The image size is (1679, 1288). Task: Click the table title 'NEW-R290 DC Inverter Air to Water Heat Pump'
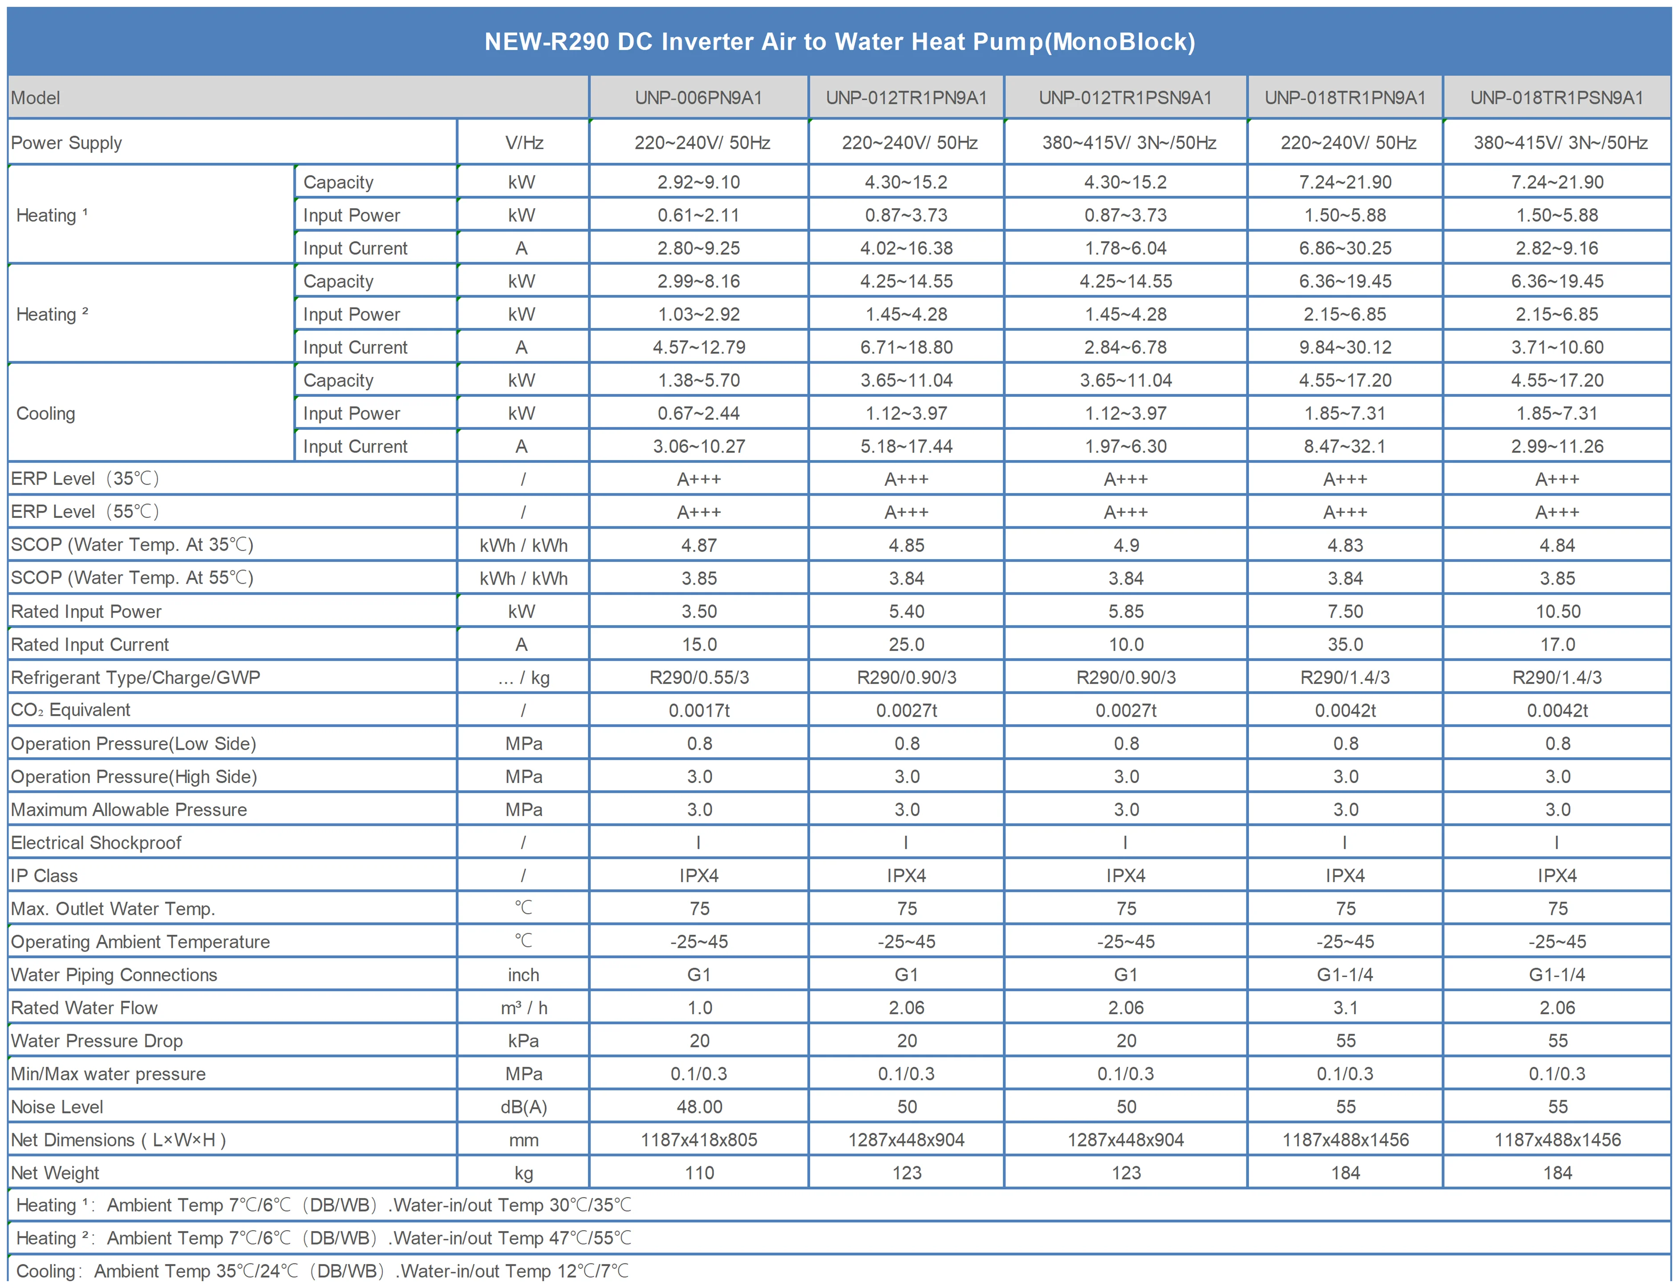pyautogui.click(x=839, y=41)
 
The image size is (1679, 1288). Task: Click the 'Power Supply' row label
pyautogui.click(x=67, y=143)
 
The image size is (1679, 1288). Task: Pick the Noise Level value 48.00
pyautogui.click(x=699, y=1107)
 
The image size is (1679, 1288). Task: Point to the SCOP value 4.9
pyautogui.click(x=1125, y=545)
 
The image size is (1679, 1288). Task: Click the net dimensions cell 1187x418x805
pyautogui.click(x=699, y=1140)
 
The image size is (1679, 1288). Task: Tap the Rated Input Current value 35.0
pyautogui.click(x=1345, y=645)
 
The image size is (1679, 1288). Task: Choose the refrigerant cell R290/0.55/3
pyautogui.click(x=699, y=678)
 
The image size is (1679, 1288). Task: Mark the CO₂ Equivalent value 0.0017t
pyautogui.click(x=699, y=711)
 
